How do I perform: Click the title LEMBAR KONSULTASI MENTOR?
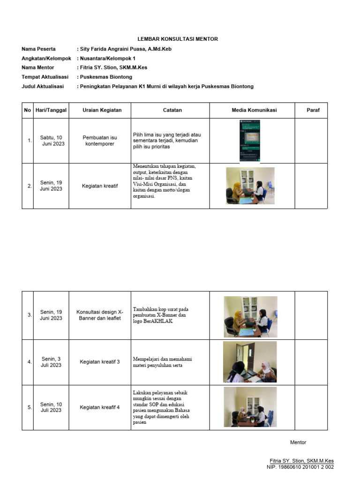(x=177, y=39)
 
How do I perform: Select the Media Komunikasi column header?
(x=254, y=110)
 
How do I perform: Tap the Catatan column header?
(x=172, y=110)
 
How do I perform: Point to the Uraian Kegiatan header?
(x=102, y=110)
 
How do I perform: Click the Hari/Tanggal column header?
(x=51, y=110)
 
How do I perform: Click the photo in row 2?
(x=250, y=186)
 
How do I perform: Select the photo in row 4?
(x=250, y=361)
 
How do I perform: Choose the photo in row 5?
(x=250, y=406)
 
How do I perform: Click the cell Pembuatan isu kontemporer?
(x=100, y=141)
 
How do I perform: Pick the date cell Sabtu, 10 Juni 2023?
(x=51, y=141)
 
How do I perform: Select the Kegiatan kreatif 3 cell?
(x=100, y=362)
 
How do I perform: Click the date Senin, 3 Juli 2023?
(x=51, y=362)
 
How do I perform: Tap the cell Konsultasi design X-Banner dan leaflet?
(x=100, y=315)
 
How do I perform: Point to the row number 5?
(x=30, y=407)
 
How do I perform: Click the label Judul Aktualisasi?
(x=43, y=86)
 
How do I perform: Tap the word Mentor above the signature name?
(x=298, y=442)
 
